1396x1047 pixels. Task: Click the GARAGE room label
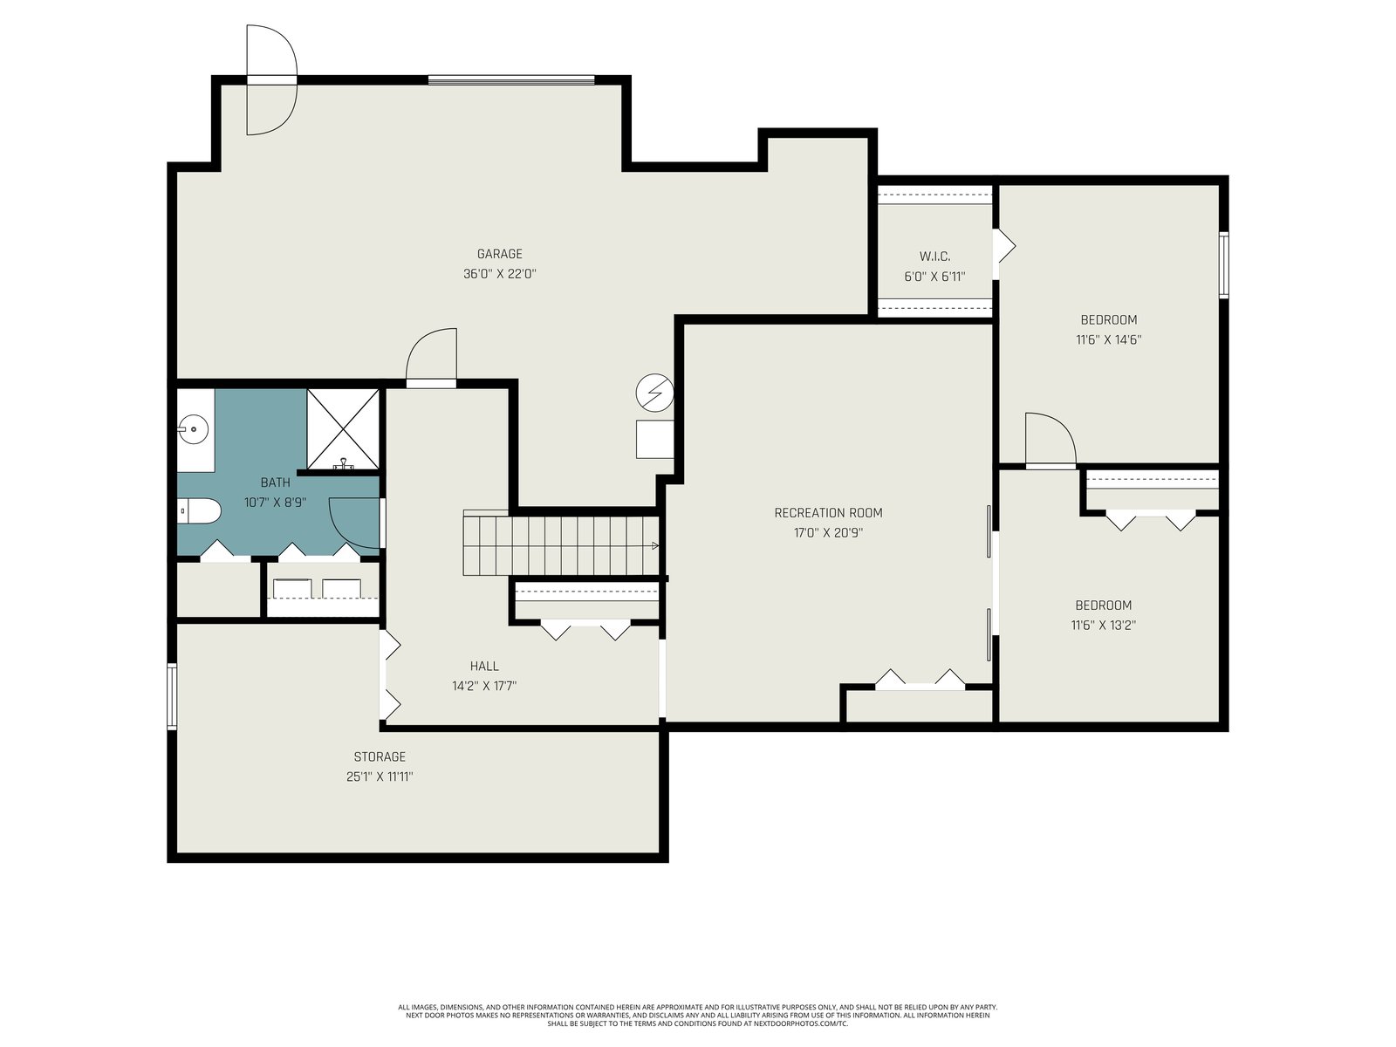point(499,254)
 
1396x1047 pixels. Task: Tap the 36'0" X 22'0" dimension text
point(500,274)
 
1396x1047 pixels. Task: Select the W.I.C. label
point(934,257)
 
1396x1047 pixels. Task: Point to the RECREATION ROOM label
point(828,512)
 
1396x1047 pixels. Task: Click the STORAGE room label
point(380,756)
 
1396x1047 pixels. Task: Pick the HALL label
point(484,666)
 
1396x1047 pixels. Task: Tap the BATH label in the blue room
point(276,482)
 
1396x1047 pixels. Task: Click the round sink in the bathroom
point(194,430)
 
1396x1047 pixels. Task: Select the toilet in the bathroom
point(199,510)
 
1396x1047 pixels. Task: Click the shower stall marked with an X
point(343,429)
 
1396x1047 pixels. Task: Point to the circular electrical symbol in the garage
point(655,393)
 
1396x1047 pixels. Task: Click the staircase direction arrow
point(655,545)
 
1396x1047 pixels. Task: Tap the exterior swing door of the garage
point(271,79)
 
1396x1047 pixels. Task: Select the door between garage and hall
point(431,358)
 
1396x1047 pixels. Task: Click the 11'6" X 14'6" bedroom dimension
point(1109,339)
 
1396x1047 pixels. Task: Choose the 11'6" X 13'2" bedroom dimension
point(1104,625)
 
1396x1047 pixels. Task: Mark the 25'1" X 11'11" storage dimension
point(380,777)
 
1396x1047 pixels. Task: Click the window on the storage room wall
point(172,696)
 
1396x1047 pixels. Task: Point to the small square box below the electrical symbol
point(654,439)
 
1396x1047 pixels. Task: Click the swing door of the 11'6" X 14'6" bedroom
point(1050,440)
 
